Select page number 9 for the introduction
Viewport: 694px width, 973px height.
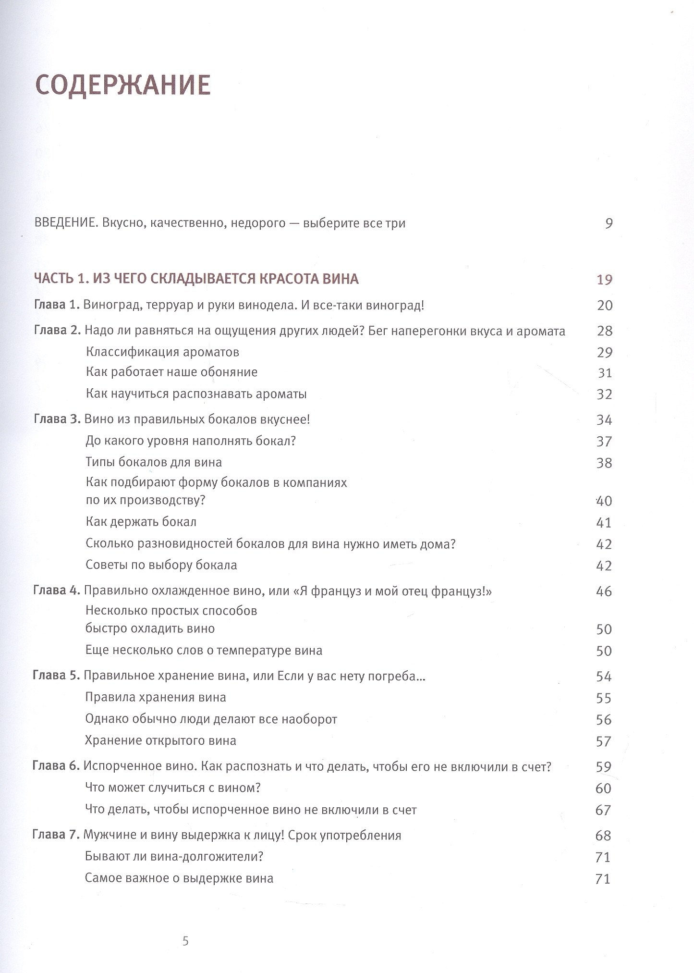tap(609, 223)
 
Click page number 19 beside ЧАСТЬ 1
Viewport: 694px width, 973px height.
tap(604, 279)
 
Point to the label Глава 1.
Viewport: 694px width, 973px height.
tap(57, 305)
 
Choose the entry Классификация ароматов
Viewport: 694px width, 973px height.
tap(162, 352)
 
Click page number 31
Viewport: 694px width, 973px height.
tap(605, 373)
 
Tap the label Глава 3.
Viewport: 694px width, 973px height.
tap(57, 419)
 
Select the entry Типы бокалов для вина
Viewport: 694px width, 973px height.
tap(154, 462)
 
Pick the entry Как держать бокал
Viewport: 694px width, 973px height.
tap(141, 522)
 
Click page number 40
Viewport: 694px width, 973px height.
tap(604, 501)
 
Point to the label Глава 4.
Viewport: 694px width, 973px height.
tap(56, 591)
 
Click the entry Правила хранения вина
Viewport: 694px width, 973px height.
tap(155, 697)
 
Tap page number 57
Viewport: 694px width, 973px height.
tap(603, 741)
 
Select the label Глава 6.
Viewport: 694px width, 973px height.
tap(56, 766)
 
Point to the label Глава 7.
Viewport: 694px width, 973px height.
tap(56, 835)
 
